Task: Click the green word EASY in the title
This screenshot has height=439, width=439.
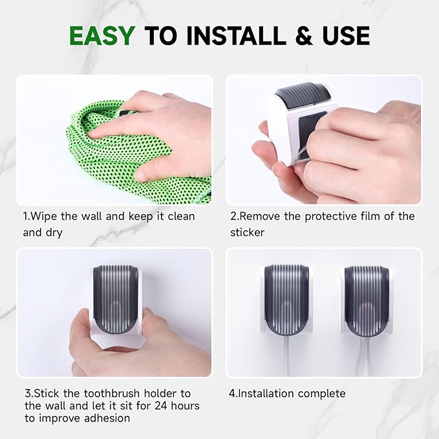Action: click(x=103, y=36)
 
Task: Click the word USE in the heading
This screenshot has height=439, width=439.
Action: click(x=342, y=36)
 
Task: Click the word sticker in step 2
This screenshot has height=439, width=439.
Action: click(x=248, y=232)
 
